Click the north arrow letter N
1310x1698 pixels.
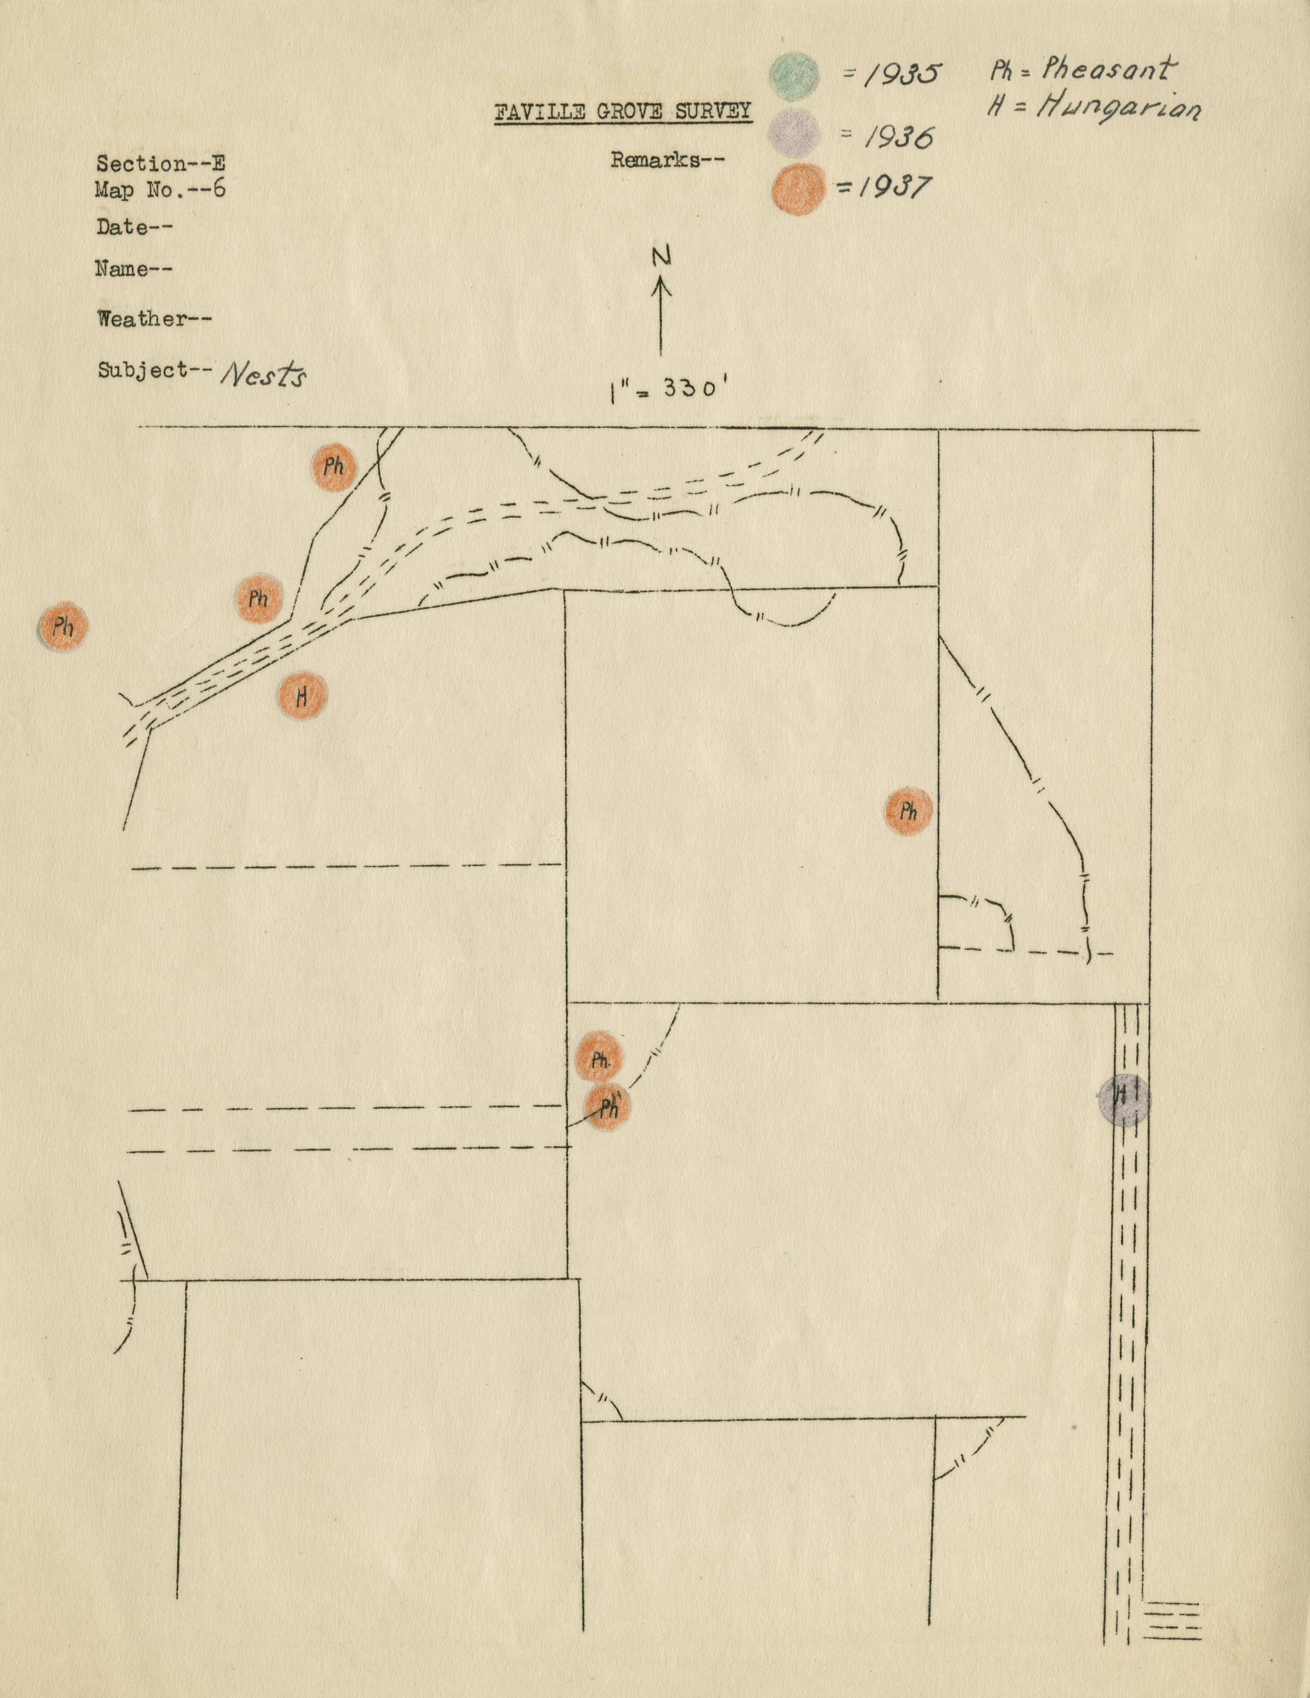(x=661, y=257)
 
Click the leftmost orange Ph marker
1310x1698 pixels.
(x=63, y=626)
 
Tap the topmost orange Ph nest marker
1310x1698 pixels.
(x=334, y=467)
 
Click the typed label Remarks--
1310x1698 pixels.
(x=667, y=160)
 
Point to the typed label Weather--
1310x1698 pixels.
(x=154, y=319)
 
